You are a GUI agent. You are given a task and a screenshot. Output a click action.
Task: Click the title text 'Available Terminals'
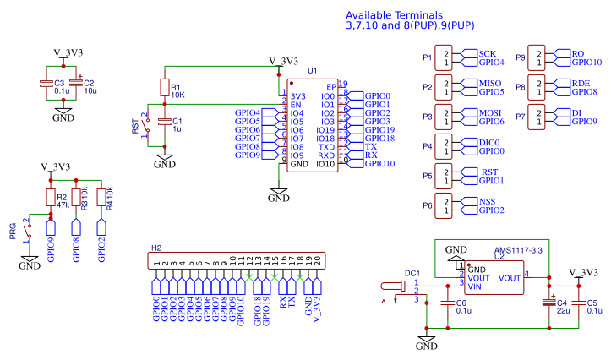(394, 15)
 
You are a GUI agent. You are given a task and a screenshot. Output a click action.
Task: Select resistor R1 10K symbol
(165, 88)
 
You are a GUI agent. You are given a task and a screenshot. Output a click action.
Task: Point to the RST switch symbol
(148, 124)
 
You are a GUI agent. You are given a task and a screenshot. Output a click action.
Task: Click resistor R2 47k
(51, 198)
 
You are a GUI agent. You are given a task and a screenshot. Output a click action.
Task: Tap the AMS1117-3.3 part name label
(518, 250)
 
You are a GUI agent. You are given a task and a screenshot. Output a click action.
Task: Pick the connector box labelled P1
(444, 57)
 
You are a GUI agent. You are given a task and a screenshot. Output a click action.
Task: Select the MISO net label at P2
(490, 83)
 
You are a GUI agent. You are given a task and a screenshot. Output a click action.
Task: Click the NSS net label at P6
(487, 201)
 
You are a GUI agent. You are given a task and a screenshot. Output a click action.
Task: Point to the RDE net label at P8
(581, 83)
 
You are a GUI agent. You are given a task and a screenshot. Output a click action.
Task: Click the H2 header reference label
(155, 248)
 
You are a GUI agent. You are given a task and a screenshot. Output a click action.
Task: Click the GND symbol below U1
(279, 194)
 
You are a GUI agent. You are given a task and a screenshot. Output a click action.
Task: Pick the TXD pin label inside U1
(326, 147)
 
